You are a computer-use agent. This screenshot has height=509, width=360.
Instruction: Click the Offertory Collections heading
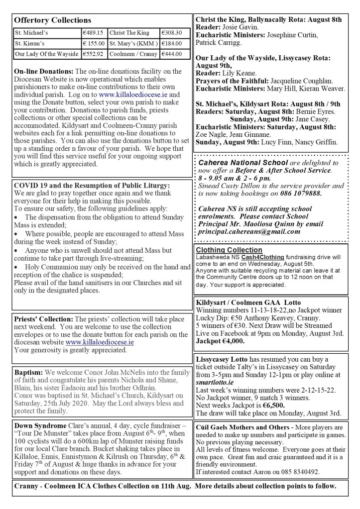click(53, 20)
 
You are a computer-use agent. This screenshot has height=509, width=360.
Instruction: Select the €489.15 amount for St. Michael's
click(93, 33)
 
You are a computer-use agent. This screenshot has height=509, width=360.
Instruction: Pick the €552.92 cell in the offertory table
click(93, 54)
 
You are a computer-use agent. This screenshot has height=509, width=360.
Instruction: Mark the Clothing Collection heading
click(229, 250)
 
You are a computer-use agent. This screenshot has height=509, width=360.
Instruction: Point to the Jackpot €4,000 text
click(220, 342)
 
